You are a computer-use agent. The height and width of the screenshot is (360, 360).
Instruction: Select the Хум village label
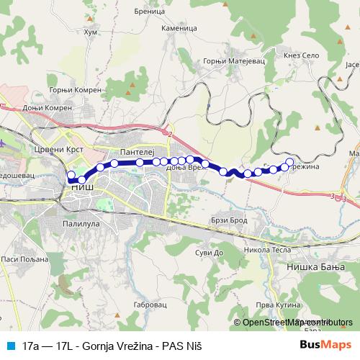pos(91,32)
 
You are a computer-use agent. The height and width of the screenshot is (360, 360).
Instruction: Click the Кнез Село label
pos(300,55)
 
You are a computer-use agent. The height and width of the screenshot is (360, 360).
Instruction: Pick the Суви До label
pos(208,253)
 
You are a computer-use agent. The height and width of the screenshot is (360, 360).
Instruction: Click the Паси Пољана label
pos(20,258)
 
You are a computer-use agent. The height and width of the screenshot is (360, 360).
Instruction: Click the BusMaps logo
pos(325,345)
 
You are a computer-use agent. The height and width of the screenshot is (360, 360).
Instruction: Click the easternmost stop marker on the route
pos(290,162)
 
